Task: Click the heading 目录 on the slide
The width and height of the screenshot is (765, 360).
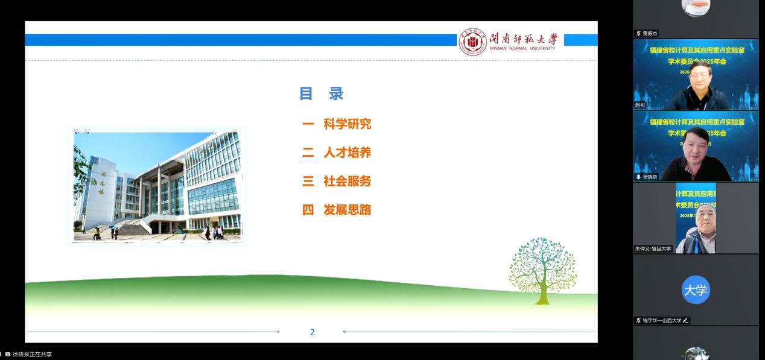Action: [x=322, y=93]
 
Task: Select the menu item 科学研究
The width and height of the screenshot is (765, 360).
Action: [x=347, y=124]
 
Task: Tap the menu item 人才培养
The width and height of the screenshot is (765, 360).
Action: [x=347, y=153]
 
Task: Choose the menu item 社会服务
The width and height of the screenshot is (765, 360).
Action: [x=347, y=182]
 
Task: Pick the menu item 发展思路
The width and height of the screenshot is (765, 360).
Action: [x=347, y=210]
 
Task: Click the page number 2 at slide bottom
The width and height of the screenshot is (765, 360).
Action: [x=312, y=332]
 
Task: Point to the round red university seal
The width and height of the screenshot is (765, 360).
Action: [x=472, y=42]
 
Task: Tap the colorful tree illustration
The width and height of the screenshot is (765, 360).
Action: [x=542, y=270]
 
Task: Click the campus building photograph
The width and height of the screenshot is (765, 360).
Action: [x=157, y=185]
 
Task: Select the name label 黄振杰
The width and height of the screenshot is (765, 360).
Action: [x=651, y=34]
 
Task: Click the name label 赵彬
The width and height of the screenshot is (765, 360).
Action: [x=640, y=105]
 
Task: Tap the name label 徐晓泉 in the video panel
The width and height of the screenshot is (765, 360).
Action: [x=650, y=177]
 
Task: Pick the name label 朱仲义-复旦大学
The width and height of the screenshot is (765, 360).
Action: [x=653, y=248]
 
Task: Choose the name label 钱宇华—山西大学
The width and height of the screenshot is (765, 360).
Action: [x=662, y=320]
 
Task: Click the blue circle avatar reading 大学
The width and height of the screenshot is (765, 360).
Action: [x=696, y=290]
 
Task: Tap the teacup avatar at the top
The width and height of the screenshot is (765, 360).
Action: [x=696, y=7]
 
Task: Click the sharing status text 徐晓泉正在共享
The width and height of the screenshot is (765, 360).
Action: [x=32, y=355]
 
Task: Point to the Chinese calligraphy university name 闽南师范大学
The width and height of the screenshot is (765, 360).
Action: [x=523, y=39]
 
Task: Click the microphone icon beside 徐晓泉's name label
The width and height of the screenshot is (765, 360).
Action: [x=638, y=177]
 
